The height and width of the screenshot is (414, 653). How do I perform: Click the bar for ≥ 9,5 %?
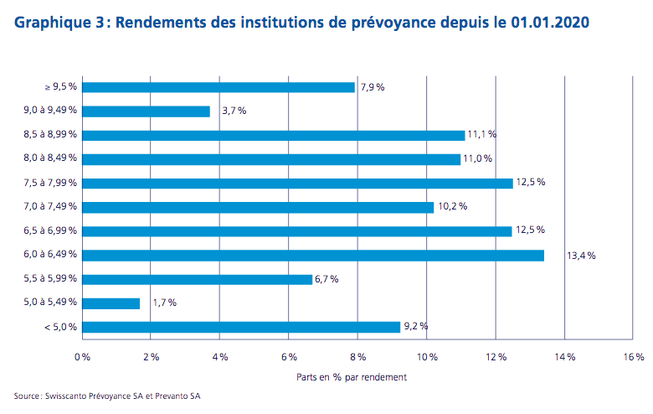(219, 86)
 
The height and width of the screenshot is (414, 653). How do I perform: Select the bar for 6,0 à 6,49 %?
(314, 255)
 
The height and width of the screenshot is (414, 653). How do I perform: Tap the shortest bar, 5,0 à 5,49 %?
(112, 303)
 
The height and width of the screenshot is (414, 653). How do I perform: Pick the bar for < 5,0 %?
(242, 327)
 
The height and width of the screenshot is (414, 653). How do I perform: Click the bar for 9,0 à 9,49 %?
(147, 111)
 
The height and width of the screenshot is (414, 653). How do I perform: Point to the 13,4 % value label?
(581, 256)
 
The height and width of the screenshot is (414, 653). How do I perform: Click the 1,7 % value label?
(164, 303)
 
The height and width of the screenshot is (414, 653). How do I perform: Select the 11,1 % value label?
(482, 135)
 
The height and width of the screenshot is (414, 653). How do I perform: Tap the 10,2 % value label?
(451, 207)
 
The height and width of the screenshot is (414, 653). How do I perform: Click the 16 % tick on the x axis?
(634, 358)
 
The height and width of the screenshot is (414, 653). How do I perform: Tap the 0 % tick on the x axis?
(82, 358)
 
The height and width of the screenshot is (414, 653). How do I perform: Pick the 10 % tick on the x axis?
(427, 358)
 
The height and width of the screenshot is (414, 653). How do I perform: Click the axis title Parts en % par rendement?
(352, 377)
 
